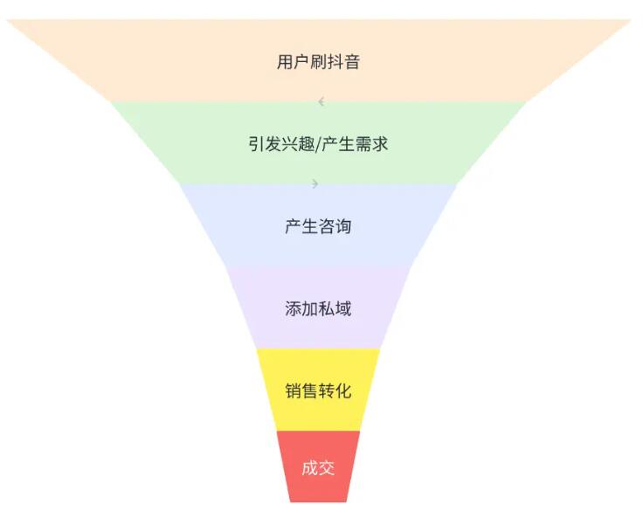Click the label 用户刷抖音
(x=318, y=62)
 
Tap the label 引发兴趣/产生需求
(x=318, y=144)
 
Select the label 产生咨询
(x=318, y=226)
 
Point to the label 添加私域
(x=318, y=308)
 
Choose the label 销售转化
(x=318, y=390)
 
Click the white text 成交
(x=318, y=467)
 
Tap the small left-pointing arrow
(x=321, y=101)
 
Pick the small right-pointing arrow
(x=315, y=183)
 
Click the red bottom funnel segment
(x=318, y=466)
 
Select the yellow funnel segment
(x=318, y=390)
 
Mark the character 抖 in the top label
(x=335, y=62)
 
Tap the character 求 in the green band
(x=380, y=144)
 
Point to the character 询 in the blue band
(x=343, y=226)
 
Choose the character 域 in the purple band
(x=343, y=308)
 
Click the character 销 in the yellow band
(x=294, y=390)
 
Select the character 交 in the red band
(x=327, y=467)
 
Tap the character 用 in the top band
(x=285, y=62)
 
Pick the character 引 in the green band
(x=256, y=144)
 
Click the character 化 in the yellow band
(x=343, y=390)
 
